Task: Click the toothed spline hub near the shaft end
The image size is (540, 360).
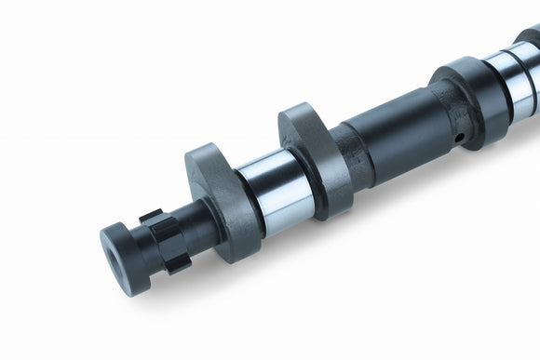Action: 164,240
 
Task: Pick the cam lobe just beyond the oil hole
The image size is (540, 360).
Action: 466,93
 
